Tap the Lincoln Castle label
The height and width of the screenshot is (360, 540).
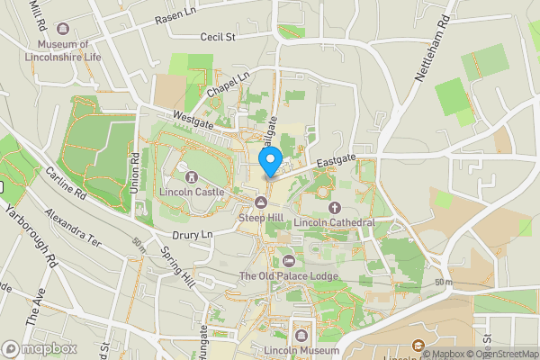[x=191, y=193]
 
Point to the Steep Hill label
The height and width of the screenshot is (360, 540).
[x=262, y=218]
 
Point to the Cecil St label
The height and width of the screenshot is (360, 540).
[x=217, y=38]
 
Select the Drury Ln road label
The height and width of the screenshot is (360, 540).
[x=191, y=235]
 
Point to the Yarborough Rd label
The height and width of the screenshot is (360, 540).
[x=34, y=236]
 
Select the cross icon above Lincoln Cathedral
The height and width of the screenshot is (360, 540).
[x=321, y=206]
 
